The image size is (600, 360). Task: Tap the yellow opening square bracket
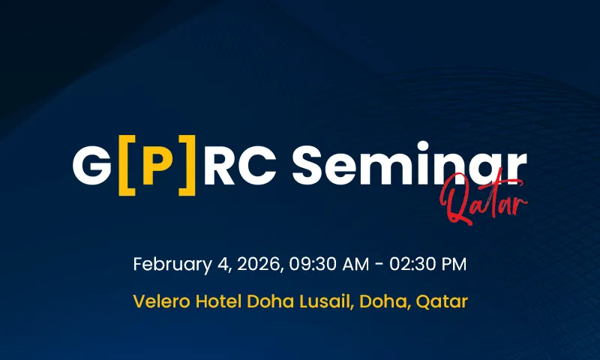pos(125,166)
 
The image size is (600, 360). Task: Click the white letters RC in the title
pos(238,166)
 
